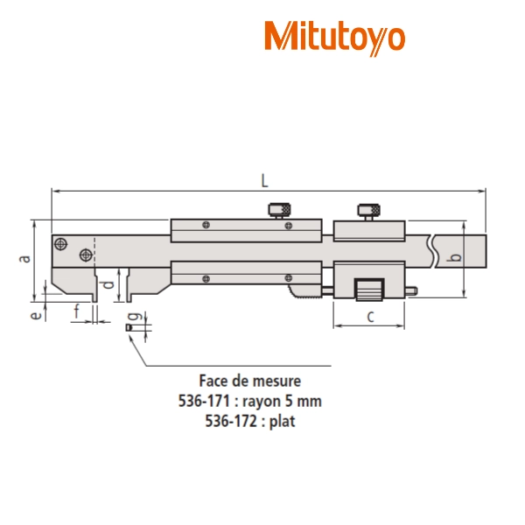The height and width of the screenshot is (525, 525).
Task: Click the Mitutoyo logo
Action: pyautogui.click(x=335, y=38)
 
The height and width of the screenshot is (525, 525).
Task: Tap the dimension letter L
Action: pyautogui.click(x=264, y=181)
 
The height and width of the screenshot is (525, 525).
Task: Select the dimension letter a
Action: pyautogui.click(x=24, y=259)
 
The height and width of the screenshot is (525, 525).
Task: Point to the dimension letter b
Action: pyautogui.click(x=456, y=257)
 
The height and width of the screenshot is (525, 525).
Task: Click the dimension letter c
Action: pyautogui.click(x=370, y=317)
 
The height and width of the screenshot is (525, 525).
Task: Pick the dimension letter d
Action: pyautogui.click(x=108, y=284)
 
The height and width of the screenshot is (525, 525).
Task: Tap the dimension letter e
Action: pyautogui.click(x=36, y=315)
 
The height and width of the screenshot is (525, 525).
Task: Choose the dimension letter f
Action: pyautogui.click(x=77, y=311)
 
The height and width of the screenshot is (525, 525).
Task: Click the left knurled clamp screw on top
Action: pyautogui.click(x=279, y=210)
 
